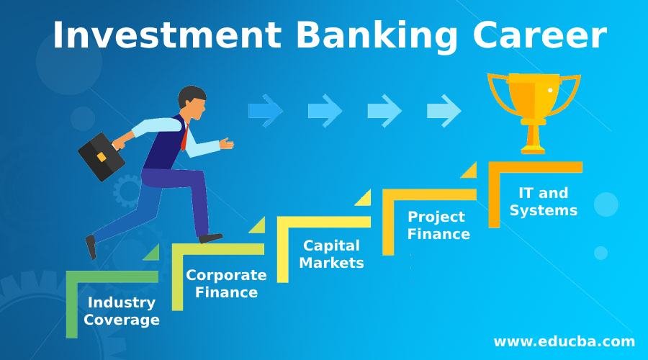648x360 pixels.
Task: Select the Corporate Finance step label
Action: [x=226, y=284]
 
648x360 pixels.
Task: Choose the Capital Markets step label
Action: [x=331, y=254]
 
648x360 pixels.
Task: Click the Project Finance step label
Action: [x=438, y=225]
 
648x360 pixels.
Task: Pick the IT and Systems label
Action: [x=543, y=202]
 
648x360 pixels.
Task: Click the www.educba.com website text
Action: [x=564, y=341]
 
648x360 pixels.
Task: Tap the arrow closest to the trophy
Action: [x=444, y=111]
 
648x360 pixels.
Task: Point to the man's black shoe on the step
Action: [x=210, y=238]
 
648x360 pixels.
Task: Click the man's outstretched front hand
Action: [x=227, y=143]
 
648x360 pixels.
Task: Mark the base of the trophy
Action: [x=534, y=148]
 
